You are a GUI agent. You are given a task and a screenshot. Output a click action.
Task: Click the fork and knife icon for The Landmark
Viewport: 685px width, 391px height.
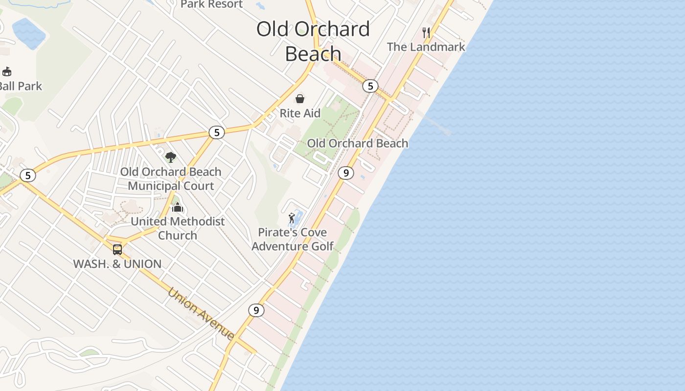click(426, 33)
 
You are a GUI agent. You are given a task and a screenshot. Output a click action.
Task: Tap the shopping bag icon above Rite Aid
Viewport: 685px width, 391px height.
click(300, 99)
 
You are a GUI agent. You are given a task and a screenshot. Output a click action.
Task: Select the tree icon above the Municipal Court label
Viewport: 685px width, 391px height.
click(171, 157)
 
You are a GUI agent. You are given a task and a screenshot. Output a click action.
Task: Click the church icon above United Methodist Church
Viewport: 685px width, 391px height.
click(178, 207)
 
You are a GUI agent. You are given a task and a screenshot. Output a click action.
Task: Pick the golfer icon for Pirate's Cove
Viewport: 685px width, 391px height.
click(292, 217)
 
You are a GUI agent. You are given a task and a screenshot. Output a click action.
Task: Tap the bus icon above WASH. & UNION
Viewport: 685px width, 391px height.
click(117, 249)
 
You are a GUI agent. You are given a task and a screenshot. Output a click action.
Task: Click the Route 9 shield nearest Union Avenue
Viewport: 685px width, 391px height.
click(256, 310)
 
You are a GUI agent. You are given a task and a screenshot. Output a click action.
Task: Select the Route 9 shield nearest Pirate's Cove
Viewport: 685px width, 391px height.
click(346, 173)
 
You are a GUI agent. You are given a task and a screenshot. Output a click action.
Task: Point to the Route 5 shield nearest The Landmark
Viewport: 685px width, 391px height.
click(370, 86)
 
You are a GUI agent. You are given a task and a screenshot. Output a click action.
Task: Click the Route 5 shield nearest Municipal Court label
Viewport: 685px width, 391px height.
click(216, 132)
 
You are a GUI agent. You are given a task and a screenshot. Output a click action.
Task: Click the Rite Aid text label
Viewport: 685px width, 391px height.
click(300, 113)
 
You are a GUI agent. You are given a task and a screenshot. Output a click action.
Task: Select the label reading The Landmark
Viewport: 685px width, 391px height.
click(426, 47)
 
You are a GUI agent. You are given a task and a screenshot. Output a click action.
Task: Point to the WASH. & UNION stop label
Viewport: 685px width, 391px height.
click(117, 264)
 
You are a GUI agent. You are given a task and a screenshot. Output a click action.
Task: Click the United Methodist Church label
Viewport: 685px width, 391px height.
click(178, 228)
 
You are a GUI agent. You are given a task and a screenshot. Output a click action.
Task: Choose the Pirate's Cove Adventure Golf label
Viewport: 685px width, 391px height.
click(293, 239)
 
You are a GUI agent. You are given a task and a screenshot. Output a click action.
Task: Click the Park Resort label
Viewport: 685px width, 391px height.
click(212, 4)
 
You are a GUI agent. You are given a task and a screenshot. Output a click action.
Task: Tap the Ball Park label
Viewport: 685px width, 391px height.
click(21, 86)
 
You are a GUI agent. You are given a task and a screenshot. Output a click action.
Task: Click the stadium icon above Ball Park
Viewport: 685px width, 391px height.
click(7, 72)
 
